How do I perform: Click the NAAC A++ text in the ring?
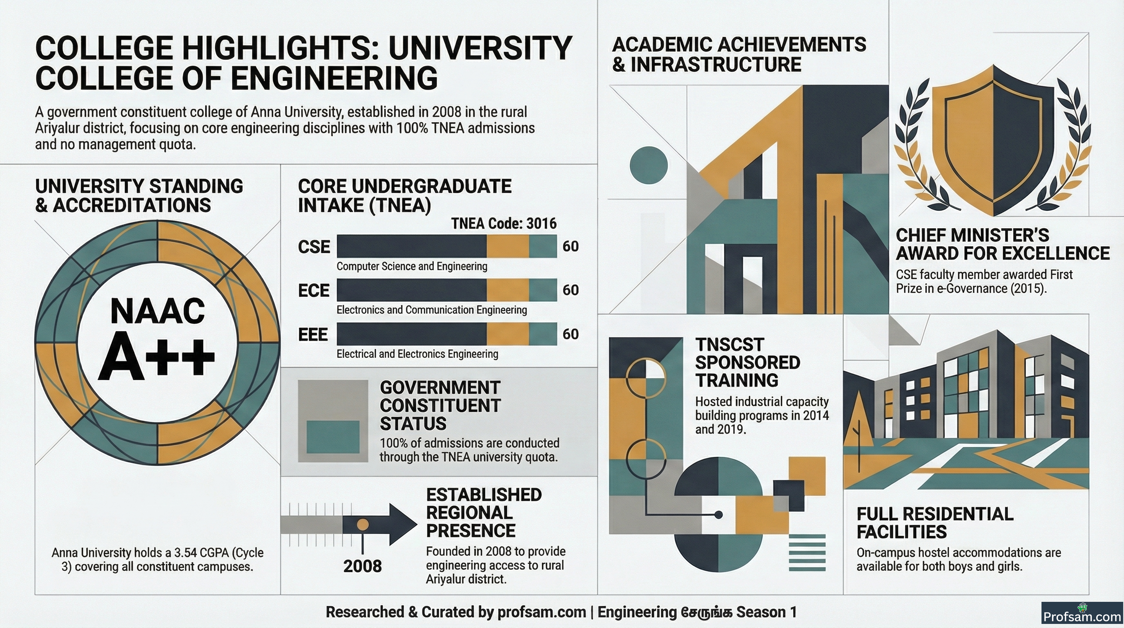(x=158, y=338)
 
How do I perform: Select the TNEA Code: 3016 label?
(x=504, y=224)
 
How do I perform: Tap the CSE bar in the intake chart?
(x=447, y=246)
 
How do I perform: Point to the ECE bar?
(x=447, y=289)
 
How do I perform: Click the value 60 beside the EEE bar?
(x=570, y=334)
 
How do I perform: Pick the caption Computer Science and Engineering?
(x=412, y=267)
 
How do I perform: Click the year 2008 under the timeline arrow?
(x=362, y=566)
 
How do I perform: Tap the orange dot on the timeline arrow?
(x=363, y=524)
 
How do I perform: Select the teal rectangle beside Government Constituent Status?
(x=333, y=437)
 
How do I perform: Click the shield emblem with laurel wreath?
(x=994, y=140)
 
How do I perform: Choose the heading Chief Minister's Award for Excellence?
(x=1003, y=244)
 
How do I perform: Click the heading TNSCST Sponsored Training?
(x=747, y=363)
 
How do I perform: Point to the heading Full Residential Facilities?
(x=934, y=523)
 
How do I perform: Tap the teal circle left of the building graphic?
(x=649, y=165)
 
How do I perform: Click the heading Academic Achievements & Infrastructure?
(x=739, y=55)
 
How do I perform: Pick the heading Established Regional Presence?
(x=484, y=513)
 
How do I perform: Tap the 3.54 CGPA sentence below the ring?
(x=158, y=559)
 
